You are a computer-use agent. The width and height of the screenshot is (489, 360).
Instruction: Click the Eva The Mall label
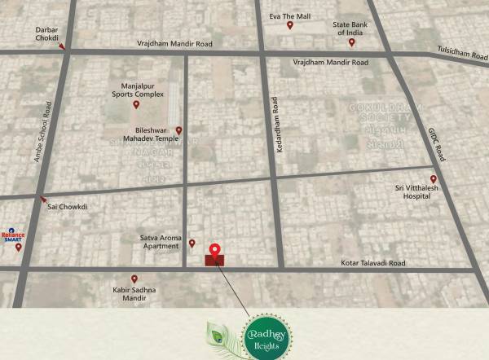pyautogui.click(x=291, y=15)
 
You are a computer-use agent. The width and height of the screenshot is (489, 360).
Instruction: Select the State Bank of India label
pyautogui.click(x=351, y=30)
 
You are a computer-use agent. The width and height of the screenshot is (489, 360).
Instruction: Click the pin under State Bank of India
pyautogui.click(x=351, y=42)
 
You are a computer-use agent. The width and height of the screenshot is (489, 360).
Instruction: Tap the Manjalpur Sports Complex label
pyautogui.click(x=137, y=90)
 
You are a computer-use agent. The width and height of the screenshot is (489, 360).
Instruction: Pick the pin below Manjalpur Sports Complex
pyautogui.click(x=137, y=104)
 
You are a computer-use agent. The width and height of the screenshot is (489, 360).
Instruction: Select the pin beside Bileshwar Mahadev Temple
pyautogui.click(x=179, y=130)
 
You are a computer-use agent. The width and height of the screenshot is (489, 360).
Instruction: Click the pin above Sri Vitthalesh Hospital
pyautogui.click(x=434, y=179)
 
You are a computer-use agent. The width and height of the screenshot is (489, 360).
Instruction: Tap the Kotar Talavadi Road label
pyautogui.click(x=372, y=263)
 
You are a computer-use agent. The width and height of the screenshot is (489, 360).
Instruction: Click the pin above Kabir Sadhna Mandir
pyautogui.click(x=134, y=279)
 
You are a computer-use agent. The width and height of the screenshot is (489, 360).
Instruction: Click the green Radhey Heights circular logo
pyautogui.click(x=264, y=334)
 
